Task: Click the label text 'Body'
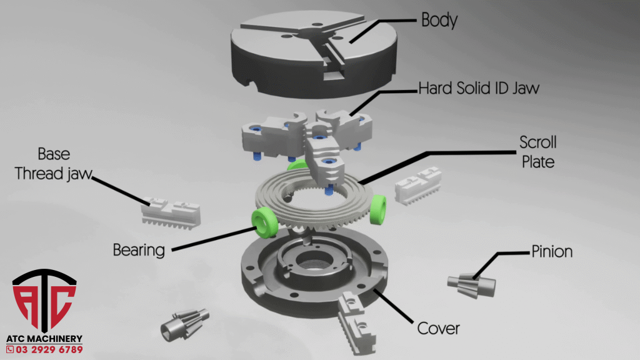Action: click(x=439, y=20)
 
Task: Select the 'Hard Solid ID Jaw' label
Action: click(x=479, y=88)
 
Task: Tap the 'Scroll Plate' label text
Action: click(x=538, y=152)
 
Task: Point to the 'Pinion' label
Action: click(x=552, y=251)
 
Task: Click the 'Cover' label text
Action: click(x=438, y=328)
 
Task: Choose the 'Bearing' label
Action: click(x=139, y=250)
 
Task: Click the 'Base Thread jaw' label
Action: click(x=54, y=164)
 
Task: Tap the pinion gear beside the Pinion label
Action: click(x=472, y=285)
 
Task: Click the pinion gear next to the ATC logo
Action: click(x=184, y=324)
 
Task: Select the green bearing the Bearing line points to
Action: click(x=264, y=222)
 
